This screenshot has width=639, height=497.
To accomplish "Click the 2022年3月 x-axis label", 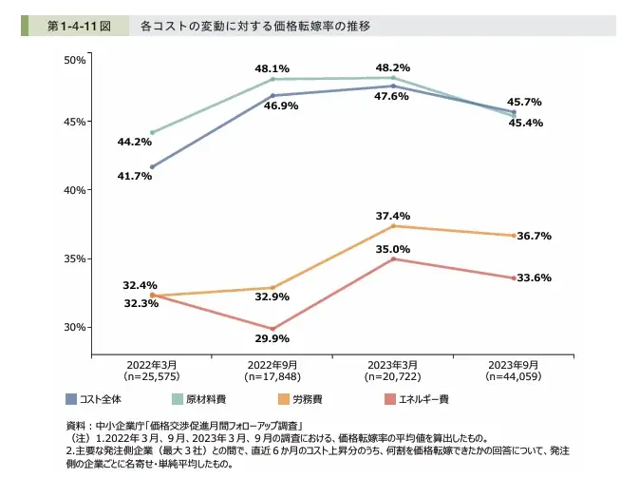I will [152, 364].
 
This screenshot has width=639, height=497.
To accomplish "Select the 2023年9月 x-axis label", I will [514, 364].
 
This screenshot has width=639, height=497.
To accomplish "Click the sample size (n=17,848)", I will [273, 376].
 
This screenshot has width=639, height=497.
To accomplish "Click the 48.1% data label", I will [272, 68].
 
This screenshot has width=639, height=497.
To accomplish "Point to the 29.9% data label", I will [273, 338].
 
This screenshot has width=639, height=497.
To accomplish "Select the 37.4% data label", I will [393, 216].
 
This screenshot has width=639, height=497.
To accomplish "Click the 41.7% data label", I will [135, 176].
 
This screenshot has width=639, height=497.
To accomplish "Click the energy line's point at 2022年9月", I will [273, 329].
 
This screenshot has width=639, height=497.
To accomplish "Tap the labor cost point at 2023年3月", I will [393, 226].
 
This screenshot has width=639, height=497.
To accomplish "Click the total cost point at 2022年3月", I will [152, 167].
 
